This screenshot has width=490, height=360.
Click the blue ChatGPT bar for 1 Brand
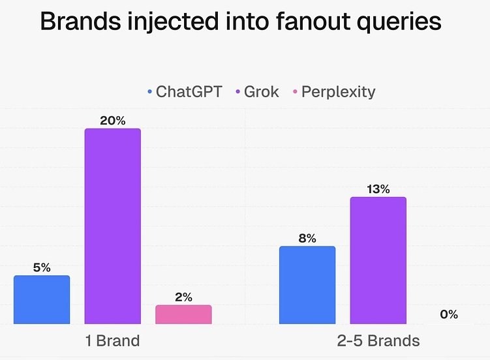[42, 299]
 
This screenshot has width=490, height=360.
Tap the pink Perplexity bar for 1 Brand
[183, 314]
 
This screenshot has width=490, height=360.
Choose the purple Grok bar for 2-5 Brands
[378, 260]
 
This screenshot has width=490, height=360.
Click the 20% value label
[112, 121]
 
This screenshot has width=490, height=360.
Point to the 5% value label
[42, 267]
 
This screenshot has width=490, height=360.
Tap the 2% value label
[183, 297]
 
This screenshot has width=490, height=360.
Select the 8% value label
[307, 239]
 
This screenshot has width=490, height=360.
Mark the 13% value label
[378, 189]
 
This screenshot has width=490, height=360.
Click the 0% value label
[449, 314]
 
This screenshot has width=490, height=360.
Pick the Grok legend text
[261, 91]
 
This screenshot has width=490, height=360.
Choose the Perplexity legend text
[338, 91]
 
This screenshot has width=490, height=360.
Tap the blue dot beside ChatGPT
[150, 92]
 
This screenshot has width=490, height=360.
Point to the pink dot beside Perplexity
[295, 92]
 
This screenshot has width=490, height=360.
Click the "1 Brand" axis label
[113, 340]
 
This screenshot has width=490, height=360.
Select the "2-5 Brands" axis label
[378, 340]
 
